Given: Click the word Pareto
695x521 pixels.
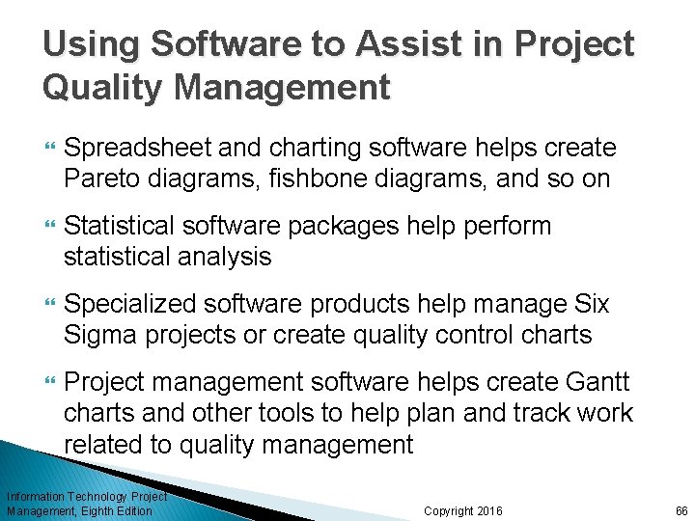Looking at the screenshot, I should point(99,178).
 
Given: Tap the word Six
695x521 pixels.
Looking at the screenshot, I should point(591,305).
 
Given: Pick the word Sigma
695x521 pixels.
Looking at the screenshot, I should point(101,335).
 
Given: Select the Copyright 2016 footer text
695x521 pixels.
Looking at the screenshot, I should point(463,510).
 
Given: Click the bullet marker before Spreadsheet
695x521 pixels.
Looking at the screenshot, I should point(50,149).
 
